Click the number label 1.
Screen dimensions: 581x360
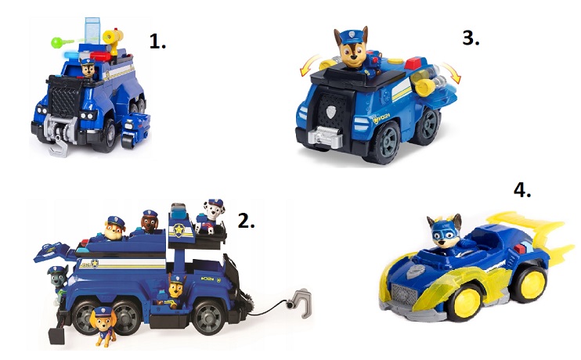pyautogui.click(x=157, y=41)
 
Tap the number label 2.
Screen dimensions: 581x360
pyautogui.click(x=246, y=221)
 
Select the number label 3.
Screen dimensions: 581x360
pyautogui.click(x=471, y=38)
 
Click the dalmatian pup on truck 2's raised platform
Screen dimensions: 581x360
pyautogui.click(x=209, y=217)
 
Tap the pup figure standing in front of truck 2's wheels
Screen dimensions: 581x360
pyautogui.click(x=103, y=326)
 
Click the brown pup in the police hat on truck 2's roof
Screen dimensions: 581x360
pyautogui.click(x=150, y=221)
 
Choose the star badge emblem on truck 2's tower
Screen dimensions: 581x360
pyautogui.click(x=179, y=230)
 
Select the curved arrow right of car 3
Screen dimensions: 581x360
pyautogui.click(x=451, y=73)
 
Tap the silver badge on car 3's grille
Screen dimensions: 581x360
pyautogui.click(x=331, y=112)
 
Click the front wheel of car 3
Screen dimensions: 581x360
pyautogui.click(x=382, y=142)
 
